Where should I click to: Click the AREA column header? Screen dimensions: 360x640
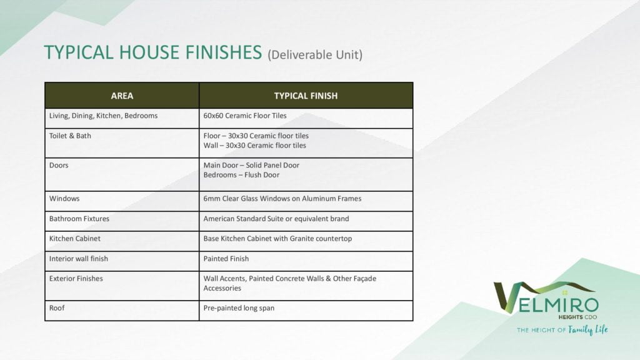pyautogui.click(x=122, y=96)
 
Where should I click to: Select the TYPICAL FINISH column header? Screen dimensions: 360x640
pyautogui.click(x=306, y=96)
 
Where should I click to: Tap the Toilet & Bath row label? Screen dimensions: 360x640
pyautogui.click(x=70, y=136)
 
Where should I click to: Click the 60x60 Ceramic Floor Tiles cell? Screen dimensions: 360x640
pyautogui.click(x=244, y=116)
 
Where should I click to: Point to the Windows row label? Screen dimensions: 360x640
pyautogui.click(x=64, y=199)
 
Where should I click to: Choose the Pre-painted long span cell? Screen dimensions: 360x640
pyautogui.click(x=239, y=308)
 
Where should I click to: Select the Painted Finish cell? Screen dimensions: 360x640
pyautogui.click(x=226, y=259)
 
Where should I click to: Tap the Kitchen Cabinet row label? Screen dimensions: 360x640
pyautogui.click(x=75, y=239)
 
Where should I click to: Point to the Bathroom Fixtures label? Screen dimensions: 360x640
pyautogui.click(x=79, y=219)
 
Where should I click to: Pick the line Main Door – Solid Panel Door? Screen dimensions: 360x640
pyautogui.click(x=251, y=166)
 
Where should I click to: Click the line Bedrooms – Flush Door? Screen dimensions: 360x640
pyautogui.click(x=241, y=176)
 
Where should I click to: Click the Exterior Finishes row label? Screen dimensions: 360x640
pyautogui.click(x=76, y=279)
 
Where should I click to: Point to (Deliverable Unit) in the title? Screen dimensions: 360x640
pyautogui.click(x=315, y=55)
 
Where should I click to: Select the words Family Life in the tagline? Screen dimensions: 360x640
pyautogui.click(x=587, y=330)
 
